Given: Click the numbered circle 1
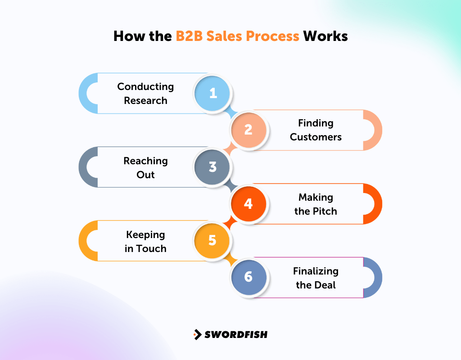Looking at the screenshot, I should pos(213,93).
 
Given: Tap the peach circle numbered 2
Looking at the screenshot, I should pos(249,130).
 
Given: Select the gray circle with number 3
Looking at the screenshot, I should pos(213,167).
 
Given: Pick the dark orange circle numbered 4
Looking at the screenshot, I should pos(249,204).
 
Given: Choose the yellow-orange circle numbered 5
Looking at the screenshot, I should pos(213,240).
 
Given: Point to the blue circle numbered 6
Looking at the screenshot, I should pos(249,277).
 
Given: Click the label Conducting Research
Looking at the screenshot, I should pos(145,93).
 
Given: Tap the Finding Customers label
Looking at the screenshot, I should pos(316,130).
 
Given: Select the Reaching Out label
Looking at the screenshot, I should pos(145,167).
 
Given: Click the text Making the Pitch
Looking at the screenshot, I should pos(316,204).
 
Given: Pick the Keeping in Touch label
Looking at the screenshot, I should pos(145,241).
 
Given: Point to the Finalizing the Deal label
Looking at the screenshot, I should pos(316,278).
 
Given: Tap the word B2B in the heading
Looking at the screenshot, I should pos(190,36).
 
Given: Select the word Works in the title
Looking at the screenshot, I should pos(325,36).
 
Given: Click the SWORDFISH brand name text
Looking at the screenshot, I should pos(236,334).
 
